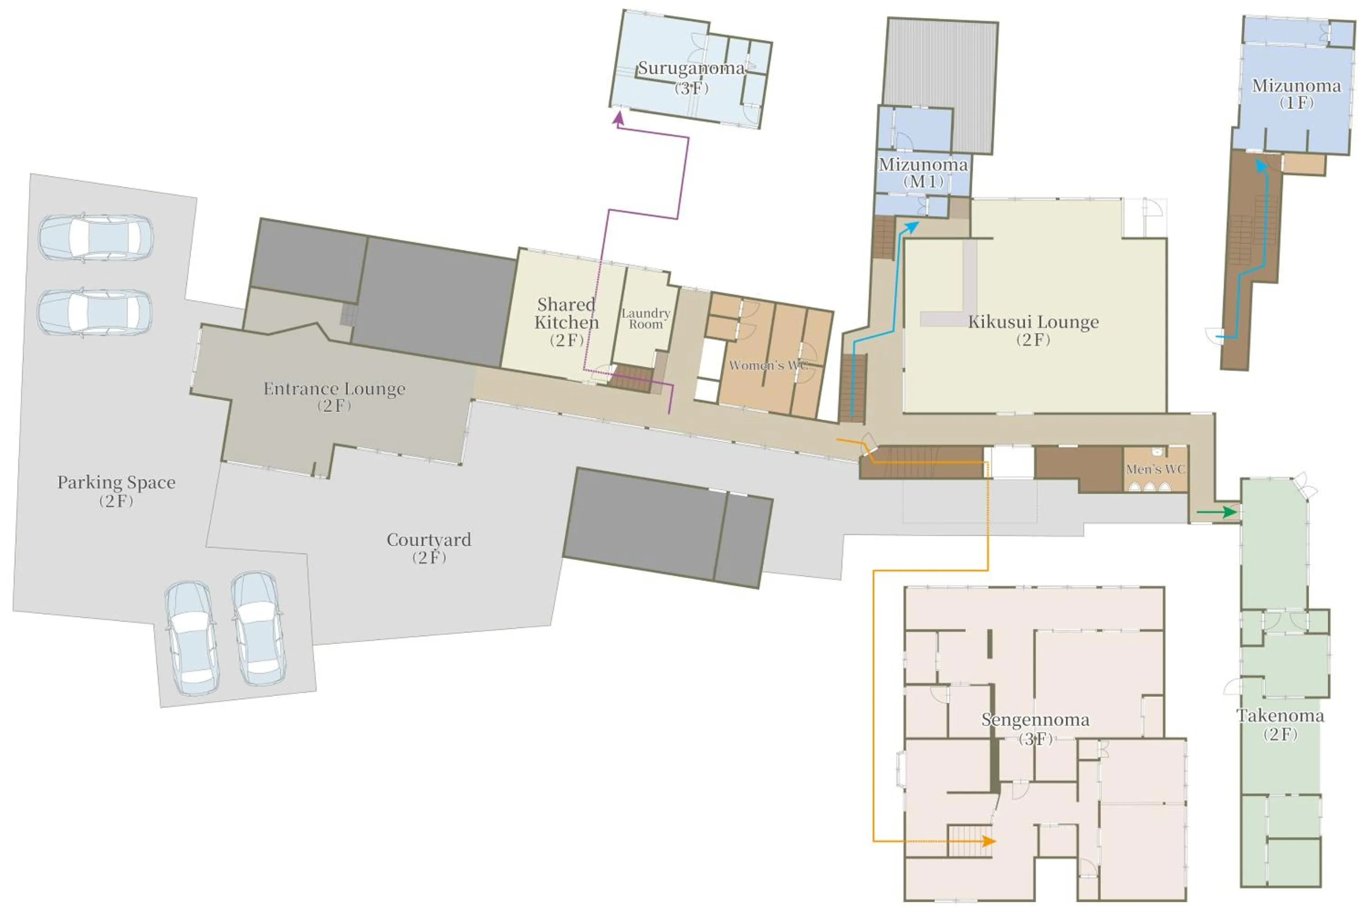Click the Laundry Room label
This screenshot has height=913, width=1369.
(646, 319)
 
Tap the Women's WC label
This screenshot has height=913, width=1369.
(768, 365)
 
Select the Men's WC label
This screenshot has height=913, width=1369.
(1155, 469)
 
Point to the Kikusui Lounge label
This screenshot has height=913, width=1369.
(1033, 330)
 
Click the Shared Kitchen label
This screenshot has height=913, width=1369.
(566, 321)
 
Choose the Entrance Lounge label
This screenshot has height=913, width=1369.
(334, 397)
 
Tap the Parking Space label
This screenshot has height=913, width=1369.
(116, 491)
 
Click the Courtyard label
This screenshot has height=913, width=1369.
(429, 548)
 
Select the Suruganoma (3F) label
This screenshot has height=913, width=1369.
(691, 78)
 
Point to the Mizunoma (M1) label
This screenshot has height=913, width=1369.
(923, 173)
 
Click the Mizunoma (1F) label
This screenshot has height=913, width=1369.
(1296, 94)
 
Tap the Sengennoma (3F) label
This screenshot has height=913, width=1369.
(1035, 729)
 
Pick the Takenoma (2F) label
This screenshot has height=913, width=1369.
(1280, 724)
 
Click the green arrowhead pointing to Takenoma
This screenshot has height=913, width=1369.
(1230, 512)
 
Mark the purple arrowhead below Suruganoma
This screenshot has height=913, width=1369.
(618, 118)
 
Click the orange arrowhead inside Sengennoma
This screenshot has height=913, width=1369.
(989, 841)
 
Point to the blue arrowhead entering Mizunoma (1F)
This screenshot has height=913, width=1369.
(1261, 166)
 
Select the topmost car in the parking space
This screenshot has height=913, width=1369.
(96, 237)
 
